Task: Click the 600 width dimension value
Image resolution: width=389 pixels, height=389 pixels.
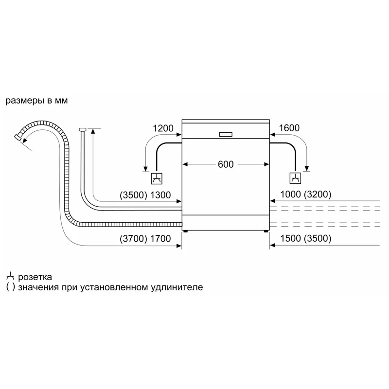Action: point(226,164)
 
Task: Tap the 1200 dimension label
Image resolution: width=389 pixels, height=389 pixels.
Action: point(163,128)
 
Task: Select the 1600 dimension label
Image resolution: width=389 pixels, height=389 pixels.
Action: point(289,128)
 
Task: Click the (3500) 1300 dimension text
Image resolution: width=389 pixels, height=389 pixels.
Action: point(145,195)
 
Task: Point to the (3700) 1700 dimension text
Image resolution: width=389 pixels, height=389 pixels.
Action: point(145,239)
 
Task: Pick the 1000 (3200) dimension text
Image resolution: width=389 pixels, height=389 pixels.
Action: point(306,194)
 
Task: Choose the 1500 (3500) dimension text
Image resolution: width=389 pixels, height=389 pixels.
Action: point(306,238)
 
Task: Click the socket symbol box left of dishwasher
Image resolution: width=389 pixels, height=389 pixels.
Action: point(157,178)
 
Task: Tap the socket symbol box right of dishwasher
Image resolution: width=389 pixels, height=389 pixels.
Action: point(295,178)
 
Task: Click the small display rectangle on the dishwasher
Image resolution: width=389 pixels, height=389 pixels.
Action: point(226,135)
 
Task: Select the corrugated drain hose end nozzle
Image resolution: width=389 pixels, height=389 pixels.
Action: point(18,137)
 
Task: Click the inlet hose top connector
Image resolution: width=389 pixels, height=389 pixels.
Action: point(82,129)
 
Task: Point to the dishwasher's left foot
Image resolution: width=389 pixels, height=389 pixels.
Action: point(185,231)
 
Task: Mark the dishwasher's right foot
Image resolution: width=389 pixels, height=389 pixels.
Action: point(266,231)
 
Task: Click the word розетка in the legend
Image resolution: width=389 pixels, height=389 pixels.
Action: point(35,277)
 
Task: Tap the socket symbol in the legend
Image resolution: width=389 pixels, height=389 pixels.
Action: point(10,277)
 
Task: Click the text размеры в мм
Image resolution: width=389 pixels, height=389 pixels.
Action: point(36,101)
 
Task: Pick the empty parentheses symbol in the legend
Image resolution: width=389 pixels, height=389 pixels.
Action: point(10,287)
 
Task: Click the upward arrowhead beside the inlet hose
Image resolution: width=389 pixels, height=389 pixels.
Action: point(93,131)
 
